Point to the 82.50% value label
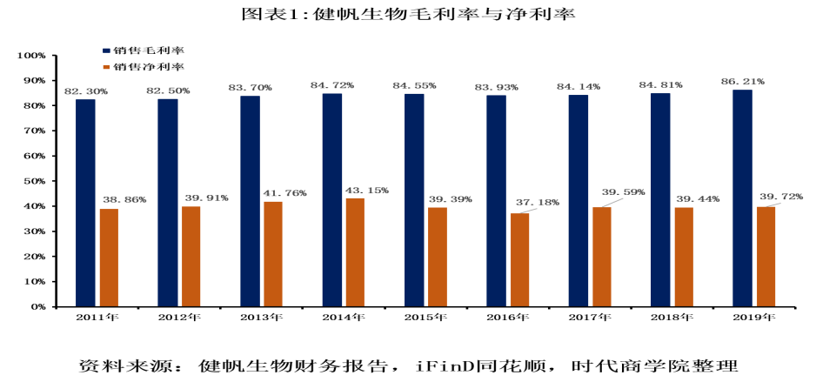tap(168, 90)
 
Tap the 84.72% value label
tap(332, 85)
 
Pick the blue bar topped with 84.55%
tap(414, 199)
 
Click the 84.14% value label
tap(579, 87)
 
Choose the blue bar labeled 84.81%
tap(660, 199)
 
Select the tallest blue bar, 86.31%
tap(742, 198)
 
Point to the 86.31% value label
tap(743, 82)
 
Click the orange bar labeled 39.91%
tap(191, 256)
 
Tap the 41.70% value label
tap(284, 193)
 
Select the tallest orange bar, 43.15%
tap(355, 251)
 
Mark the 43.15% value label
tap(367, 190)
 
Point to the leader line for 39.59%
tap(612, 202)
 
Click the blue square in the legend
tap(106, 51)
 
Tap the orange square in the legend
tap(106, 67)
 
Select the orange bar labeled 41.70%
tap(273, 253)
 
